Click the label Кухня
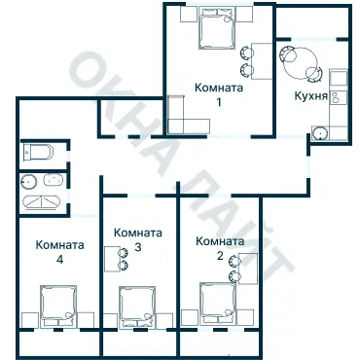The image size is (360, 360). (x=310, y=96)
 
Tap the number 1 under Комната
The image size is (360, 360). (x=219, y=102)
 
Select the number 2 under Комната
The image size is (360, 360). (x=220, y=256)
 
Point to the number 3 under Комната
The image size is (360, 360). (x=138, y=247)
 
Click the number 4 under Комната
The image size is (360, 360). (x=59, y=260)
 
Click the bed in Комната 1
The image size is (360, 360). (x=217, y=28)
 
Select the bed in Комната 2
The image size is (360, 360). (x=218, y=304)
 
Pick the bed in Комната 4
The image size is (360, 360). (x=58, y=306)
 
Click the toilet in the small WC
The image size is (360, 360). (x=38, y=152)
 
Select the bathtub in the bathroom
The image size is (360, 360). (x=42, y=201)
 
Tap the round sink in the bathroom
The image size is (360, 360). (x=28, y=182)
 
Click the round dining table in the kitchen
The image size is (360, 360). (x=301, y=63)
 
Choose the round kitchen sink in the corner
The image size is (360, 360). (x=320, y=133)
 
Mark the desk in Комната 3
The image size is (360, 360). (x=111, y=259)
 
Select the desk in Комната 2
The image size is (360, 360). (x=248, y=269)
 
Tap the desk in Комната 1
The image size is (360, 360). (x=262, y=60)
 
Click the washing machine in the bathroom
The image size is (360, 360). (x=54, y=180)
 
